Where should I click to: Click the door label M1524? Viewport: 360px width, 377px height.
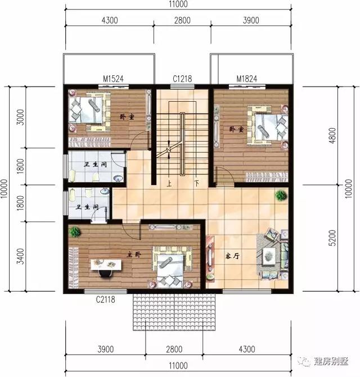coord(114,80)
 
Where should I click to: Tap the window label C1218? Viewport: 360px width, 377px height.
coord(182,80)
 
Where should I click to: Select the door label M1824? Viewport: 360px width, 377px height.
coord(246,80)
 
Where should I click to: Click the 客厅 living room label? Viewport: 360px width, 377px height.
coord(232,256)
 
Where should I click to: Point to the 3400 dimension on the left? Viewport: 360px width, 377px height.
coord(20,258)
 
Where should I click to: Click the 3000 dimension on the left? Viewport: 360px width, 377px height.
coord(20,118)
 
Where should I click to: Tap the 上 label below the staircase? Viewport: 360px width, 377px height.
coord(169,183)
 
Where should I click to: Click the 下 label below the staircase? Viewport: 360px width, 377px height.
coord(197,183)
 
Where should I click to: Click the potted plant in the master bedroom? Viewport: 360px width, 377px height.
coord(73,231)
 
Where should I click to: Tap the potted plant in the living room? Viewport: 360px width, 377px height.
coord(280,196)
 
